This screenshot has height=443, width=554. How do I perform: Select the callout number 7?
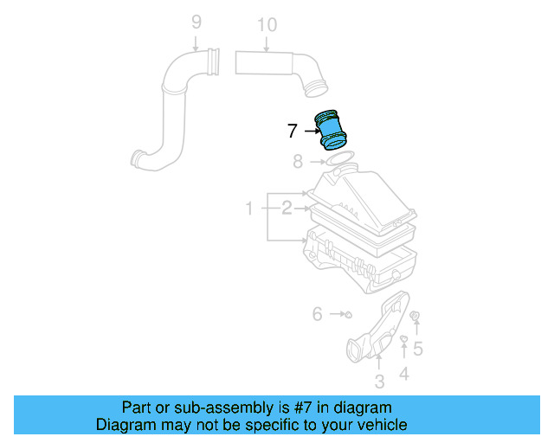[293, 132]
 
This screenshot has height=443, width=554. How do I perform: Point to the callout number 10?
[267, 25]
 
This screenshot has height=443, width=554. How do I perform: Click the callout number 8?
[298, 161]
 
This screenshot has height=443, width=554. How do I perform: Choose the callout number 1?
[248, 209]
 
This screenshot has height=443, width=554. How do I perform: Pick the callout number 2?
[286, 208]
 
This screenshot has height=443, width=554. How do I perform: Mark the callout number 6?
[317, 314]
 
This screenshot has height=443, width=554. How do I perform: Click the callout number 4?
[403, 374]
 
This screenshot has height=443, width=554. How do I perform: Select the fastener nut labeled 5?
[415, 317]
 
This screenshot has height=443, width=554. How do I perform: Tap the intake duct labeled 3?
[378, 333]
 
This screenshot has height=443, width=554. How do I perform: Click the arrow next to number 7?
[310, 132]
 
